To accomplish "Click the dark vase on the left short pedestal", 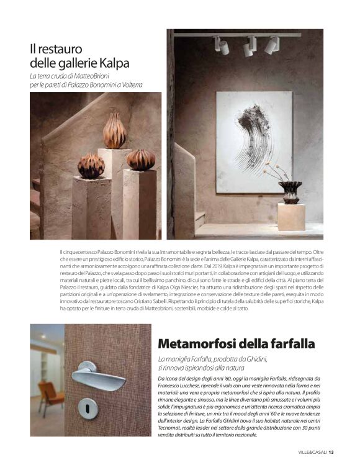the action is point(91,166).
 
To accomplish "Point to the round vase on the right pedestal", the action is point(141,160).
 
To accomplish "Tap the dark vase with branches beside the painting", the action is point(289,191).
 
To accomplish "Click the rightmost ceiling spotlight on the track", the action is point(271,45).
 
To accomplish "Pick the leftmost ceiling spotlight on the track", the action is point(222,45).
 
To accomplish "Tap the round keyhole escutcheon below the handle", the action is point(88,407).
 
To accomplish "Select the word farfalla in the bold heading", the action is point(290,343).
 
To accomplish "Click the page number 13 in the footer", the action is point(331,452).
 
